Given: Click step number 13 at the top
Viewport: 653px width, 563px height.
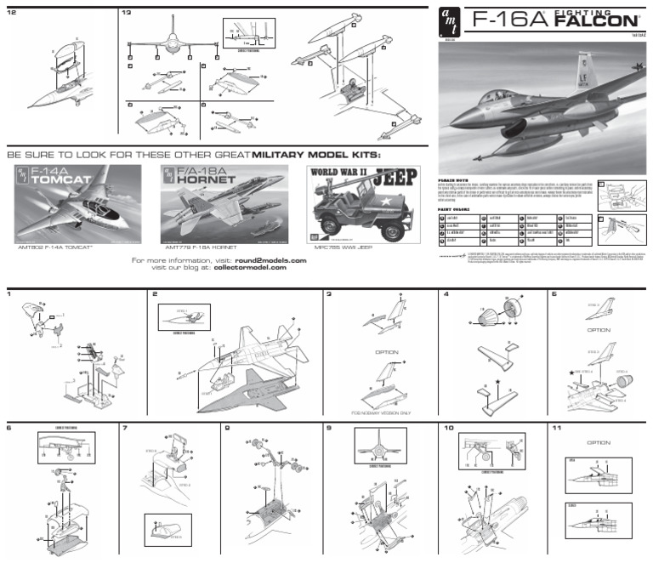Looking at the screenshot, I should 126,13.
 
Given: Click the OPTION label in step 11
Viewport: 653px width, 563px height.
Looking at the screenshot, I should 599,442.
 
